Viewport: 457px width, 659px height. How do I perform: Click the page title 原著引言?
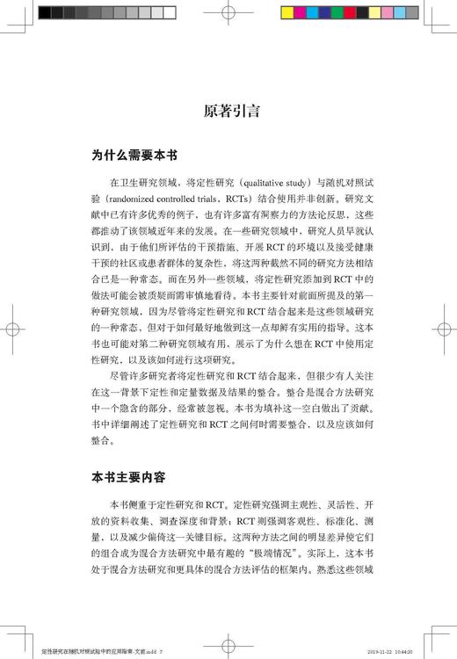tap(228, 112)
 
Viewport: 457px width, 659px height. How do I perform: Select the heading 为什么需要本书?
tap(134, 156)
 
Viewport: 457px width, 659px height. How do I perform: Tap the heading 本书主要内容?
tap(134, 478)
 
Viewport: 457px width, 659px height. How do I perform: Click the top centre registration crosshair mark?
tap(229, 13)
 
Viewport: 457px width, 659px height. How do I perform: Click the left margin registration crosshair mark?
tap(13, 330)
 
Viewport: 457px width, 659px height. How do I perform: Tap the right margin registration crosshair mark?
tap(445, 330)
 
